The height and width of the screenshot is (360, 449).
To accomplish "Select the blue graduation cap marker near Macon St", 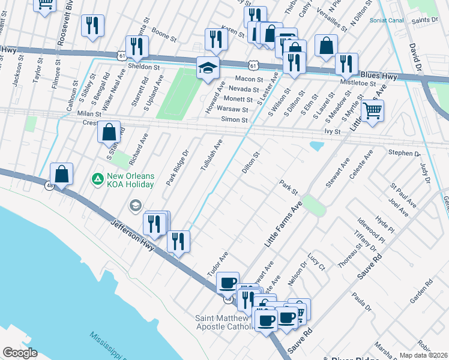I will click(x=208, y=68).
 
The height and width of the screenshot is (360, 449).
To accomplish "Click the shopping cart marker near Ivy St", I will click(x=372, y=110).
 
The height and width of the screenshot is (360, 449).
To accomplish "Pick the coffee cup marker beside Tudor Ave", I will click(x=228, y=282).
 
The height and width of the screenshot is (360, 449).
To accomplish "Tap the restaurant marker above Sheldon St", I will click(x=137, y=46).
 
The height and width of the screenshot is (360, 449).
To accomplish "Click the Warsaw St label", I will click(x=232, y=110).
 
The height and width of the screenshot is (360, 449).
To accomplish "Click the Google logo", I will click(x=20, y=352).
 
